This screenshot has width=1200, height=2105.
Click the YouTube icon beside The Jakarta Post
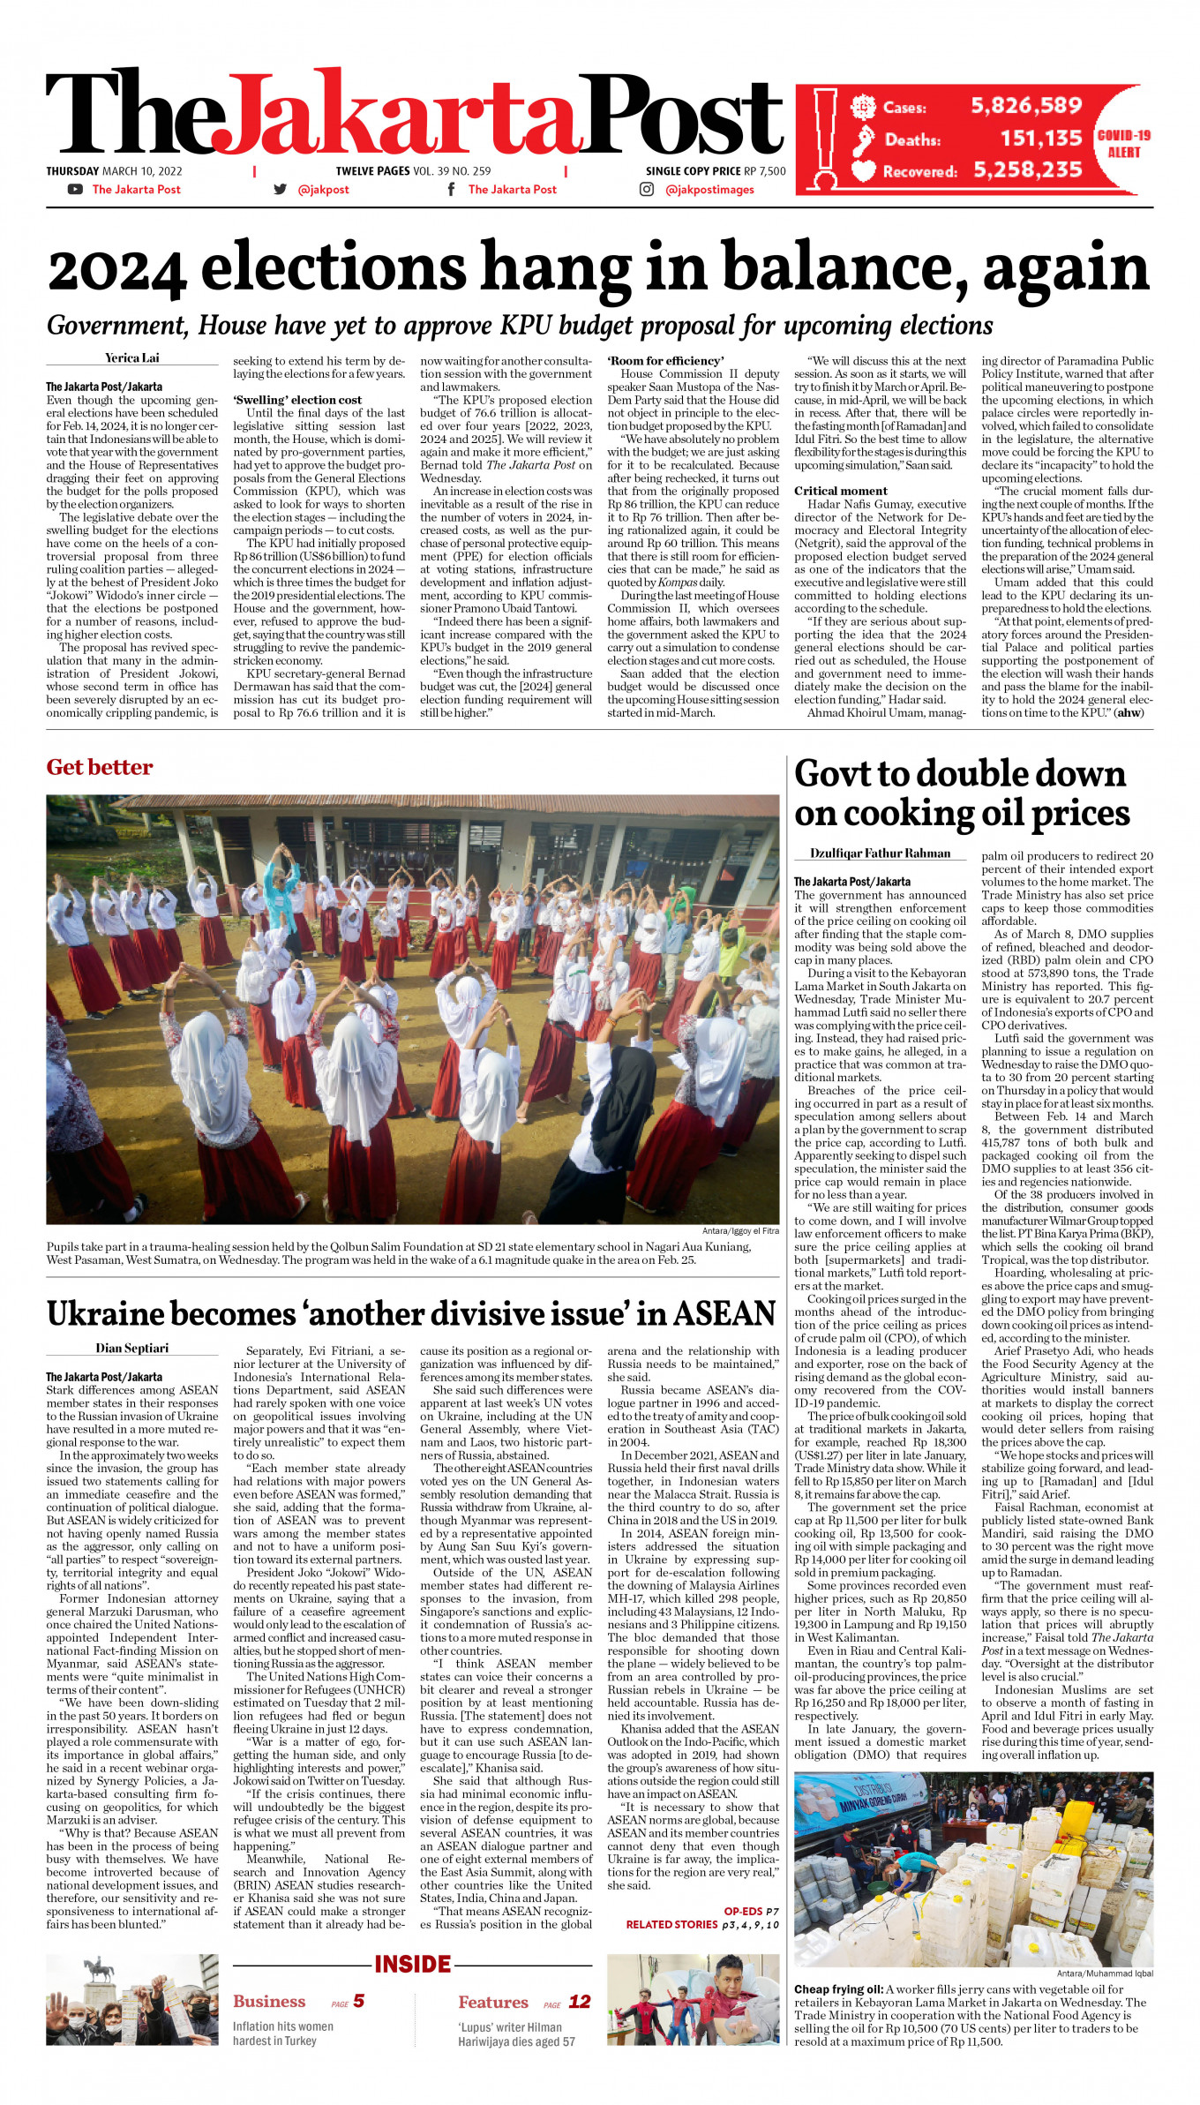point(75,189)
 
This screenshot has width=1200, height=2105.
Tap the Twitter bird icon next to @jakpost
point(281,189)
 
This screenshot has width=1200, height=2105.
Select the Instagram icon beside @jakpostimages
point(647,189)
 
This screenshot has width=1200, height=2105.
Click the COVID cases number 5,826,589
point(1026,106)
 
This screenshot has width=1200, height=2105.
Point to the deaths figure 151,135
point(1040,139)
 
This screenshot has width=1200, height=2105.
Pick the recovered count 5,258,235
point(1028,170)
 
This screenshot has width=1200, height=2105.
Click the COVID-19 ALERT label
point(1123,144)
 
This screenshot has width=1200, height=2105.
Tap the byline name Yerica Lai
point(132,357)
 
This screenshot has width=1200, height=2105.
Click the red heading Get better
point(100,767)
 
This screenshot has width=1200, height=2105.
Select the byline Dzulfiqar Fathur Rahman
point(880,853)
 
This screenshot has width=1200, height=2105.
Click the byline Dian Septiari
point(131,1348)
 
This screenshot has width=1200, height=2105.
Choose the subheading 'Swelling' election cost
point(296,400)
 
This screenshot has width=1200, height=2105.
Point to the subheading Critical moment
point(840,491)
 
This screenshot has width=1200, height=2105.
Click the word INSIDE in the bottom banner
point(412,1964)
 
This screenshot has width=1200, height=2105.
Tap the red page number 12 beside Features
point(579,2001)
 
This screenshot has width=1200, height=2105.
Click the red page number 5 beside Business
point(358,2001)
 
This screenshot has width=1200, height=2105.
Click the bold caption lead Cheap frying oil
point(837,1989)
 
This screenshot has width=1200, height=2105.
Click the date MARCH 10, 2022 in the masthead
point(142,171)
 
